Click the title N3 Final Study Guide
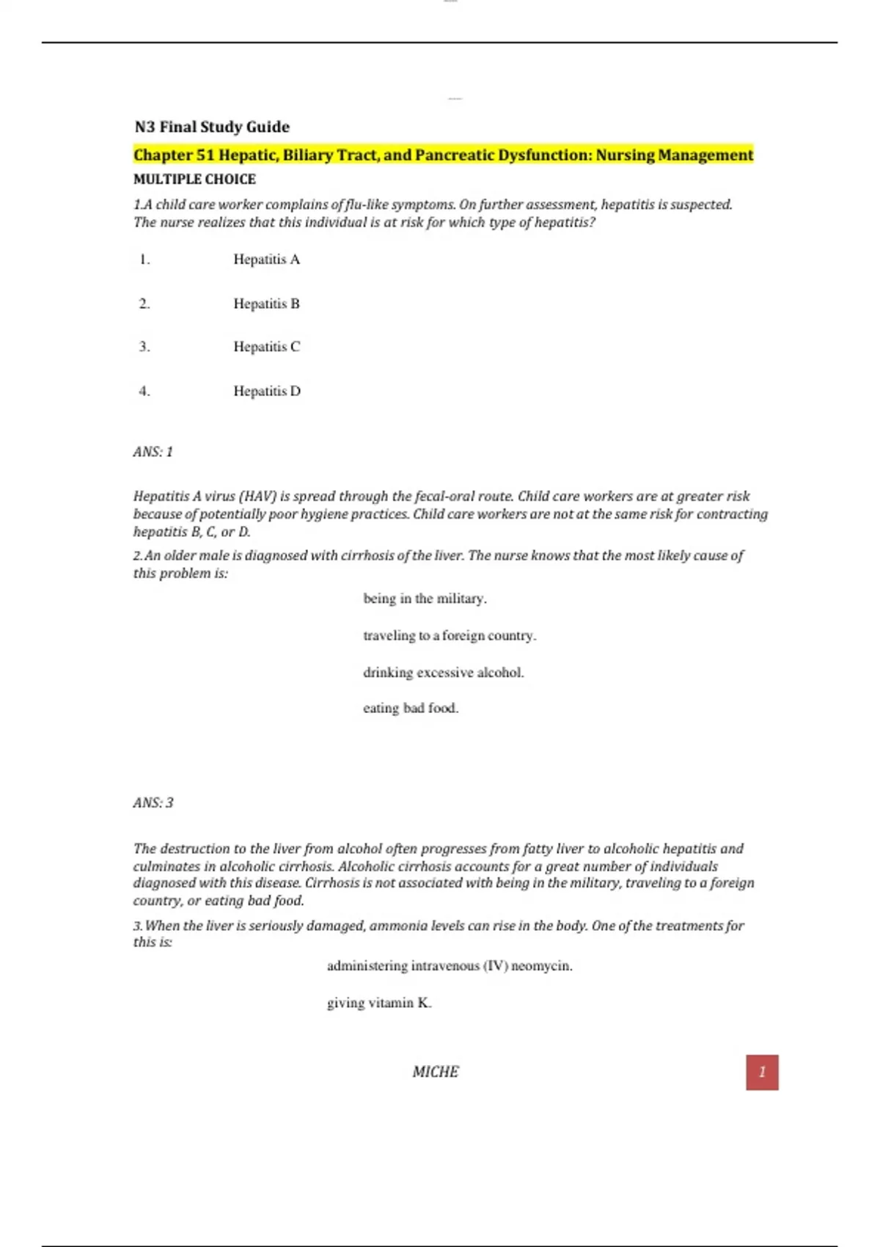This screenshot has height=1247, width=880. point(211,127)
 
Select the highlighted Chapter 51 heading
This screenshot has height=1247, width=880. point(443,155)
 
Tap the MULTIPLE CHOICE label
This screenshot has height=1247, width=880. point(194,179)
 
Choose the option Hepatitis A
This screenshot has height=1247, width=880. point(266,259)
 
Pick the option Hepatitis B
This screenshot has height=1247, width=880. point(266,303)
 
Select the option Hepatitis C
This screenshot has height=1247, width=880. point(266,346)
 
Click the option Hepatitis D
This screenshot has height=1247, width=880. point(267,391)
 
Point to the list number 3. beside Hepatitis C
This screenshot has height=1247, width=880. point(144,346)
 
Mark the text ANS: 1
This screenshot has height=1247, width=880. point(153,452)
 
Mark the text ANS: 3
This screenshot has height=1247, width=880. point(153,802)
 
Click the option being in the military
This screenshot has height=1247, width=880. point(425,599)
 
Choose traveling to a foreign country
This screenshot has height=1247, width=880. point(450,635)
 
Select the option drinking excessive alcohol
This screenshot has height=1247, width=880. point(443,672)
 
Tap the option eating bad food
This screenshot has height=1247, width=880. point(411,708)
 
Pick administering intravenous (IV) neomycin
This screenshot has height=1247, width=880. point(450,966)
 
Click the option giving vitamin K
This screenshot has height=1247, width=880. point(379,1003)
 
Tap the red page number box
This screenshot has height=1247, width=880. point(762,1072)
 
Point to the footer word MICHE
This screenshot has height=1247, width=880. point(435,1072)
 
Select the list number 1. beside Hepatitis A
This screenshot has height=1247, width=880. point(144,259)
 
